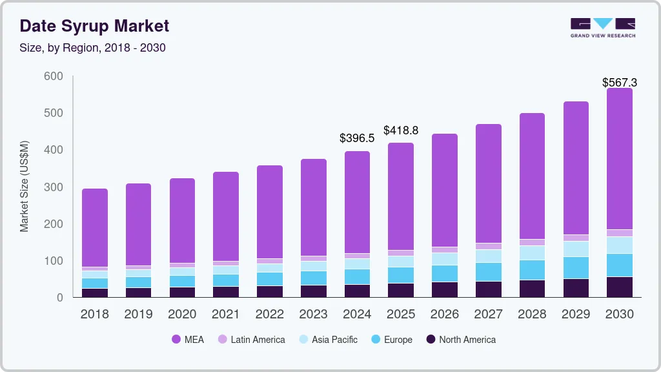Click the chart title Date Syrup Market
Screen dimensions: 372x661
[x=94, y=26]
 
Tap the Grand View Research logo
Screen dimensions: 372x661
[x=602, y=27]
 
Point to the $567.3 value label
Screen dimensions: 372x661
[x=620, y=83]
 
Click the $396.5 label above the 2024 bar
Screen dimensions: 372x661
[x=357, y=138]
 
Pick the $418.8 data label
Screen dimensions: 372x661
[x=401, y=130]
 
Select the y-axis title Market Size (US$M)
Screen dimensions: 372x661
[x=25, y=186]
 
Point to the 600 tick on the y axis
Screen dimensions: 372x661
[x=54, y=76]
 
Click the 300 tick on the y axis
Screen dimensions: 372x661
[x=54, y=187]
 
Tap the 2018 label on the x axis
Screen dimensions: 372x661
[x=94, y=315]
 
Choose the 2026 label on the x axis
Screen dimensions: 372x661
[x=445, y=315]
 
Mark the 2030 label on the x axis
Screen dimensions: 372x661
[x=620, y=315]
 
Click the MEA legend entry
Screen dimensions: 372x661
[x=188, y=339]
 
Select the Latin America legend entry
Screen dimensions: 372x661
[x=251, y=339]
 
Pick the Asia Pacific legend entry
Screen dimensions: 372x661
[x=328, y=339]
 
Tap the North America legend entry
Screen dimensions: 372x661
[x=460, y=339]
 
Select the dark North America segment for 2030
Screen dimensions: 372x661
[x=620, y=287]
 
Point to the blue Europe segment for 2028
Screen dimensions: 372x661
[x=532, y=270]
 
